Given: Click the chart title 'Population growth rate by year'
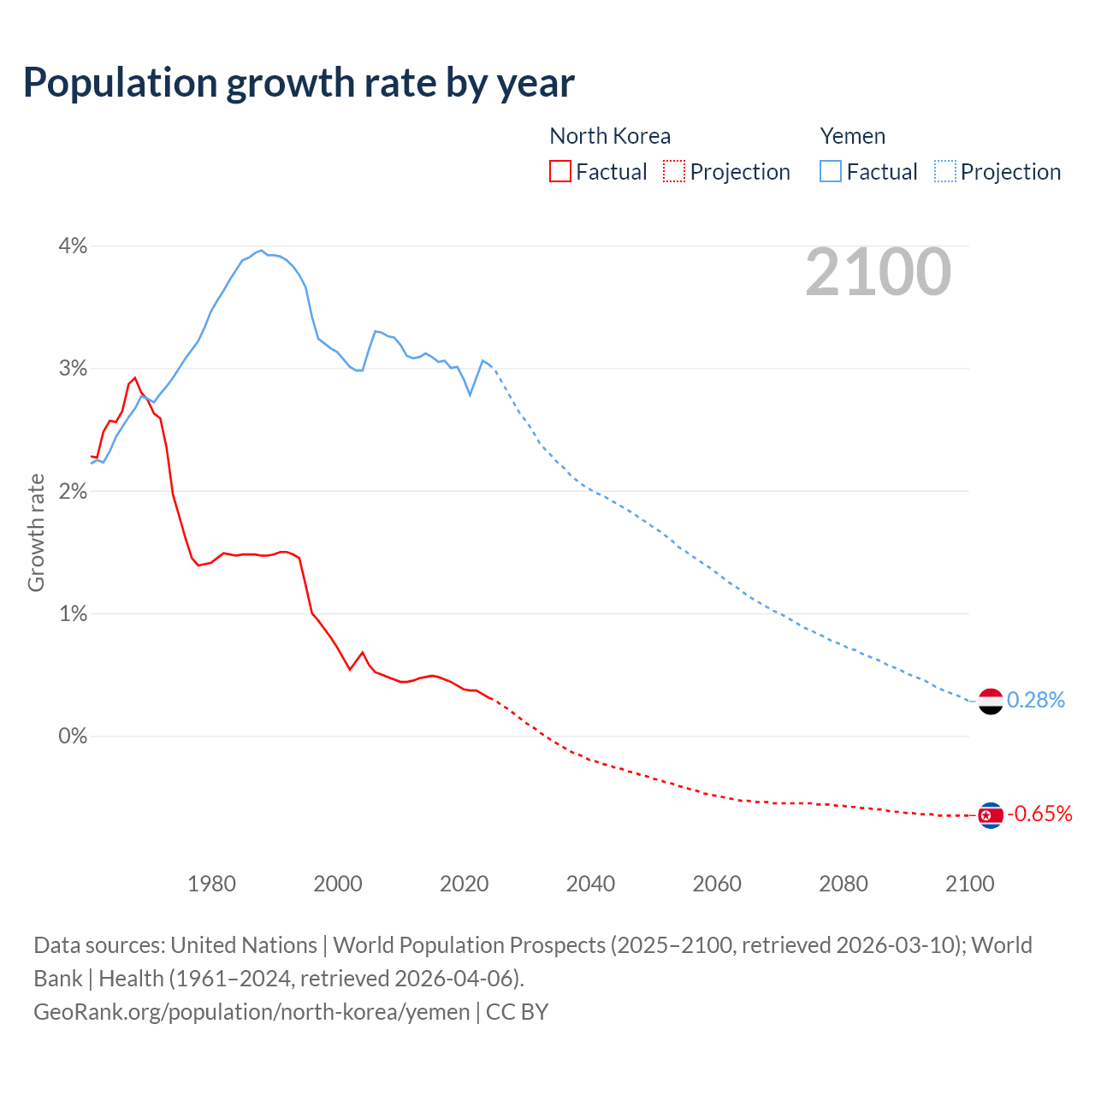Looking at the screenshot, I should (x=299, y=83).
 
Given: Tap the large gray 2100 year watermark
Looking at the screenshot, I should (x=878, y=272).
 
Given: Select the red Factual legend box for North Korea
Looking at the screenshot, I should (x=560, y=171).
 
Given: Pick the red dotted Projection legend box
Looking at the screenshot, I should (x=674, y=171).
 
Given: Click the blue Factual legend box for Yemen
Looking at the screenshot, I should (x=831, y=171).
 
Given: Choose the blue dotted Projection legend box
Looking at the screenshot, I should (x=945, y=171).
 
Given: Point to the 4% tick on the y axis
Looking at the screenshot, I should (x=73, y=246).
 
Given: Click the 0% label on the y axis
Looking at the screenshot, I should (x=73, y=737).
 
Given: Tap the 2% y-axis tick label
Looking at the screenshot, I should (x=73, y=492).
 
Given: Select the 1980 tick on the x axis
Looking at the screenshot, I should (x=211, y=884).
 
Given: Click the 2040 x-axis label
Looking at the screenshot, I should (x=590, y=884).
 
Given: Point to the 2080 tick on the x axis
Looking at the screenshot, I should (x=843, y=884).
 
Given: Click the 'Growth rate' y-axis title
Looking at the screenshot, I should (x=36, y=532).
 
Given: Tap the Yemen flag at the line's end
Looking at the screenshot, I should (x=990, y=701).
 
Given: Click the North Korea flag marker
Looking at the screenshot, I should (x=990, y=815).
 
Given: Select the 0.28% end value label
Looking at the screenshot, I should (x=1036, y=701).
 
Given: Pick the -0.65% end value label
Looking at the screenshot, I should (x=1039, y=814).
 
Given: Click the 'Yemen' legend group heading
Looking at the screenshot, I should (x=853, y=136).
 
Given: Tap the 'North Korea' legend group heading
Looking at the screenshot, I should (x=610, y=136).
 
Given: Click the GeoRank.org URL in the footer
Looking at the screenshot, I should (x=252, y=1012).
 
